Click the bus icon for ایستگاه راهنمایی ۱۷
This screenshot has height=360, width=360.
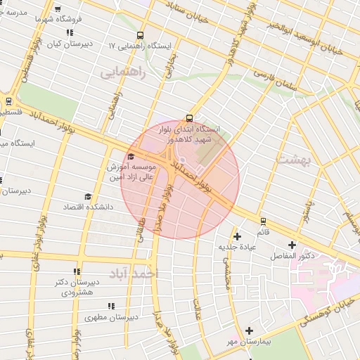coord(140,35)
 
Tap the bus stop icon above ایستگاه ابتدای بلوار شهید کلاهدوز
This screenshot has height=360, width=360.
coord(188,118)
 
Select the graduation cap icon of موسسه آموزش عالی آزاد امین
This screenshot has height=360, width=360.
coord(131,157)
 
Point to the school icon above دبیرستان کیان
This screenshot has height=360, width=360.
coord(69,32)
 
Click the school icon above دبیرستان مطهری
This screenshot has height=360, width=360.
coord(110,306)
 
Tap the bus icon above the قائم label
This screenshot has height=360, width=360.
coord(263,221)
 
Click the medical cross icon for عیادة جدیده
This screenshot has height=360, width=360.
coord(237,236)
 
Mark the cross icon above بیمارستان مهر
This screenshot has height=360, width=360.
coord(249,330)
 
